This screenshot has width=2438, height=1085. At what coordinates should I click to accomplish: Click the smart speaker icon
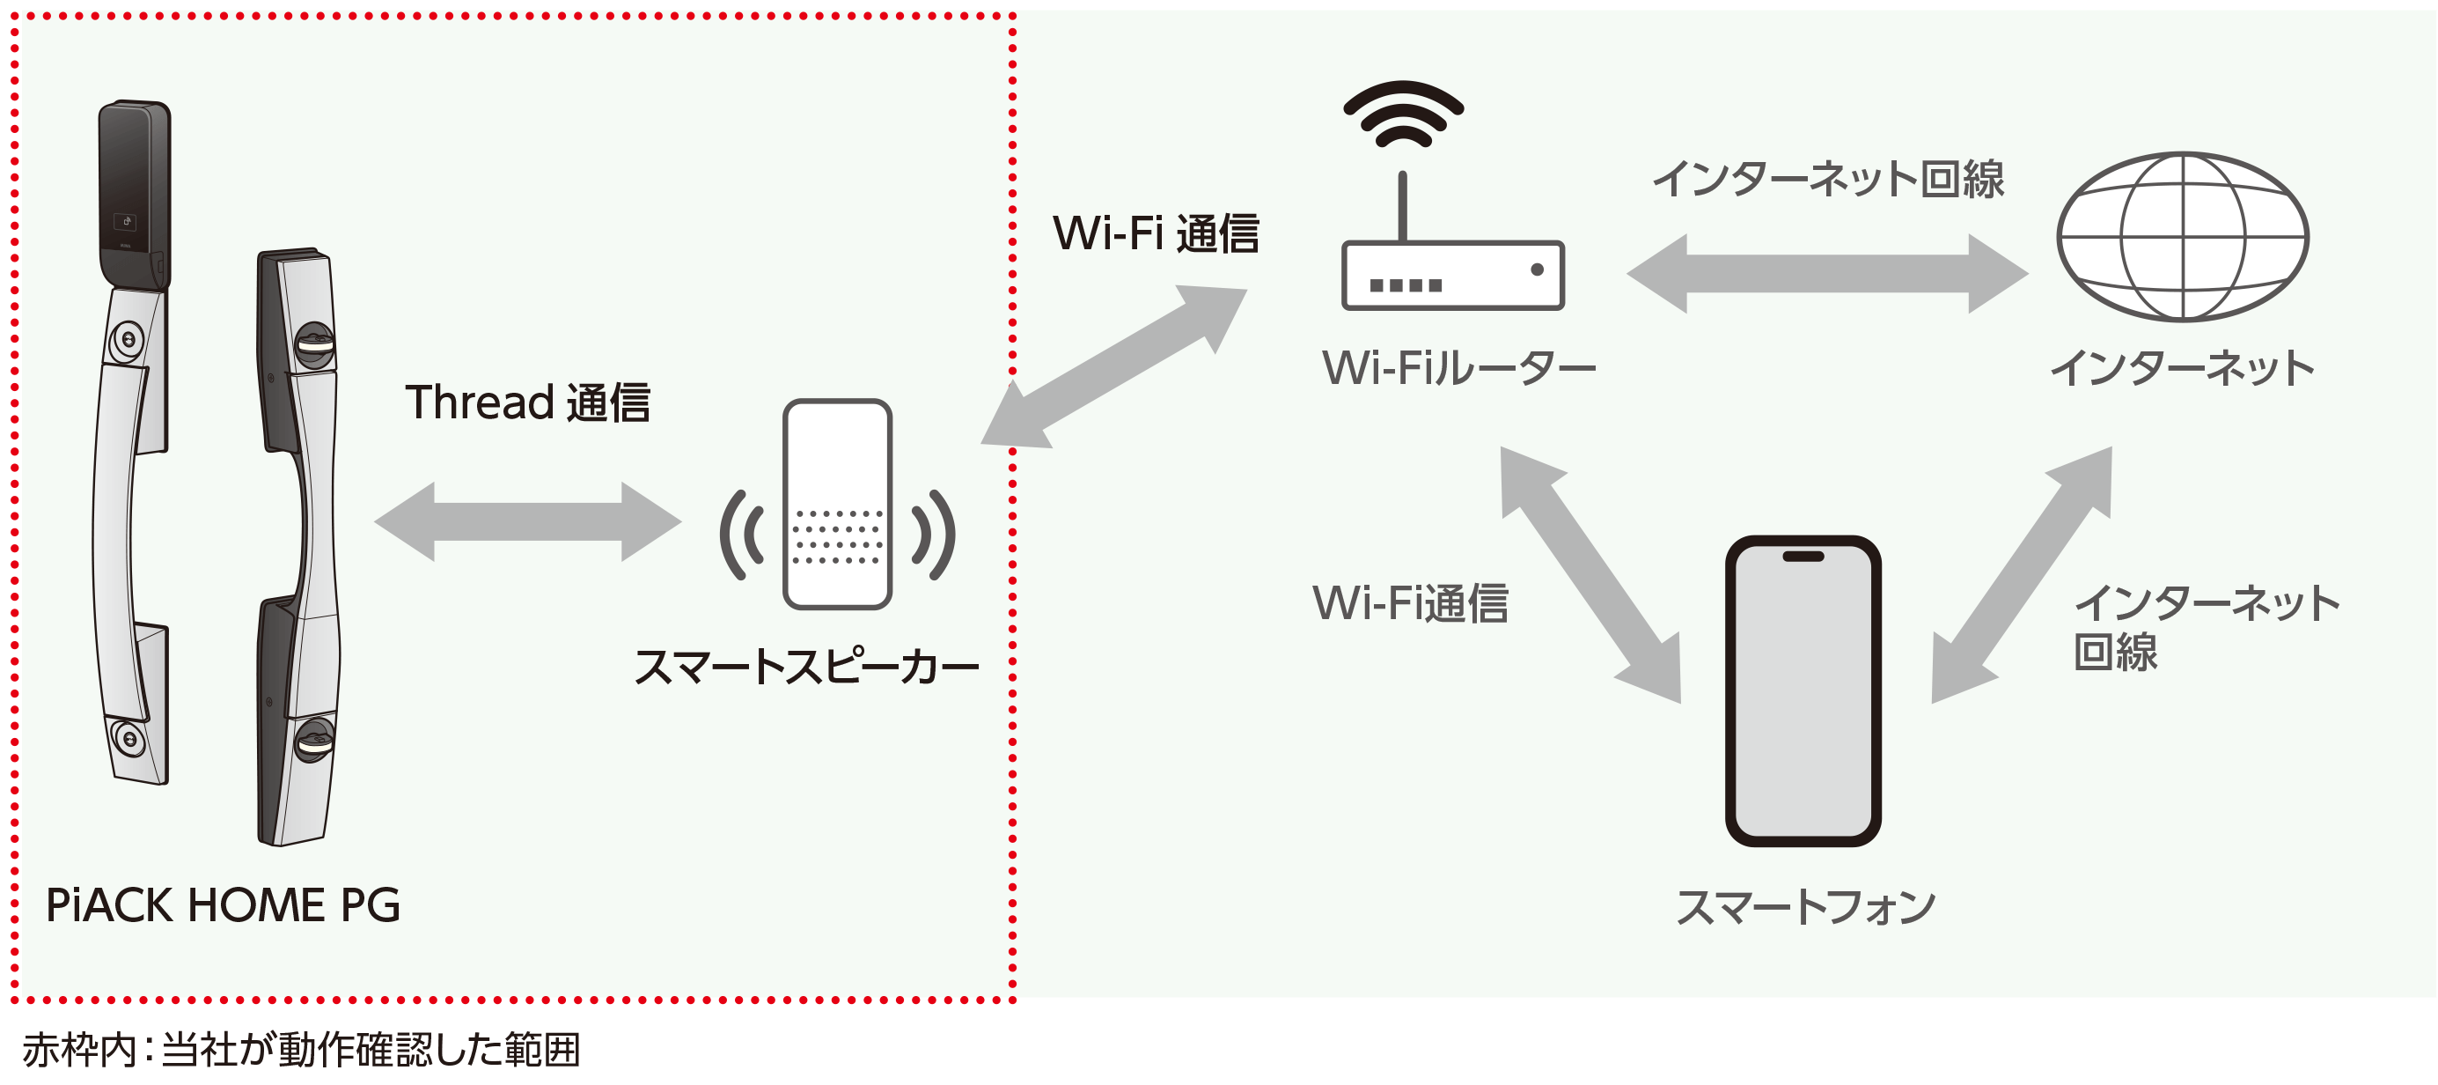(x=838, y=504)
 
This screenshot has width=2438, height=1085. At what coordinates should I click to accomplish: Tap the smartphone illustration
(x=1802, y=691)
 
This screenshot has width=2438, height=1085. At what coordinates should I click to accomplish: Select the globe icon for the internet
(x=2183, y=237)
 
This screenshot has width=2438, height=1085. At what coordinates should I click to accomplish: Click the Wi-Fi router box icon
(x=1452, y=276)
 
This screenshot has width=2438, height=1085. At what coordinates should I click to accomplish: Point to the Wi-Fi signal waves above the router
(x=1403, y=114)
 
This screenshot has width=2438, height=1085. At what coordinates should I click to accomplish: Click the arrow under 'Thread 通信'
(x=527, y=520)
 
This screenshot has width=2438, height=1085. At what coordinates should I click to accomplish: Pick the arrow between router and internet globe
(x=1826, y=274)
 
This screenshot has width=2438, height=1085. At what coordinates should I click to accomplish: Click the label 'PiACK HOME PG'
(x=224, y=905)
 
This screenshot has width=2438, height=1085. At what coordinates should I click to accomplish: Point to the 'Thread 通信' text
(x=527, y=402)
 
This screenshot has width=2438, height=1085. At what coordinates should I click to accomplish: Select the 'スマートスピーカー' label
(x=806, y=668)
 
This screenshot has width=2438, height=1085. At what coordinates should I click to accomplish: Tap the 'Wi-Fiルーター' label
(x=1458, y=367)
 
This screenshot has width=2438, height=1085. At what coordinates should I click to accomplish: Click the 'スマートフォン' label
(x=1805, y=907)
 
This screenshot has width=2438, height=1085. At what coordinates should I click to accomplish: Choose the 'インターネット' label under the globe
(x=2182, y=367)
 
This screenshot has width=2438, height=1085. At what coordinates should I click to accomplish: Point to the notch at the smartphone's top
(x=1802, y=557)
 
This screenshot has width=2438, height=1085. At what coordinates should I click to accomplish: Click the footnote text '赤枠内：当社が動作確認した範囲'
(x=301, y=1050)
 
